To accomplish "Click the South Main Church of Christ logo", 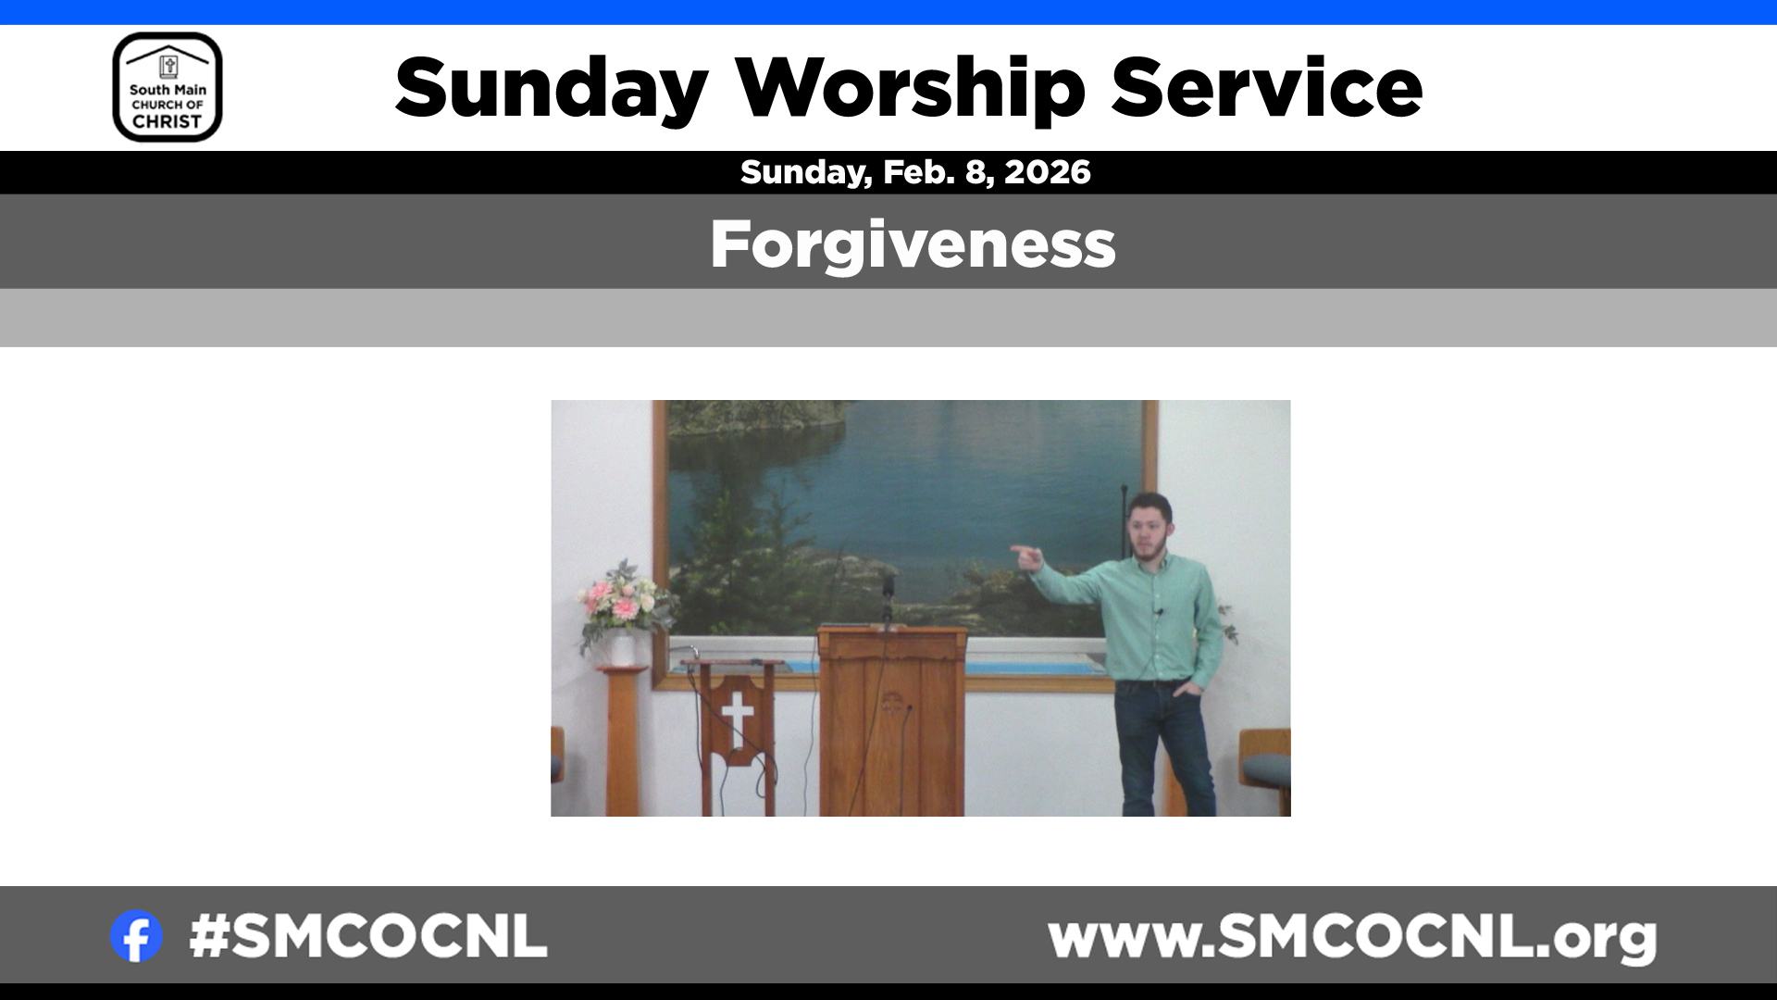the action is [x=168, y=87].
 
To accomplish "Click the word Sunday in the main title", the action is [x=552, y=90].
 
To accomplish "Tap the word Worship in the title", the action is [x=910, y=90].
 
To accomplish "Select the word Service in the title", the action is [x=1266, y=88].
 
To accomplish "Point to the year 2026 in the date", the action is [x=1048, y=172].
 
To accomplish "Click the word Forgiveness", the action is [x=913, y=245].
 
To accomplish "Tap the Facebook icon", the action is [x=136, y=936].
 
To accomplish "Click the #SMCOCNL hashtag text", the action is [x=368, y=936].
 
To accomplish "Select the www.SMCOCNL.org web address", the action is [x=1352, y=938].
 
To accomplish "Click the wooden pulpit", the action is [x=892, y=720].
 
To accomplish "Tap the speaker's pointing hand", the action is [x=1026, y=556].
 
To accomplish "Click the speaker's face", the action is [x=1148, y=531].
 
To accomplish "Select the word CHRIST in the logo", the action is [x=167, y=122].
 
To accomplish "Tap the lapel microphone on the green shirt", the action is [x=1158, y=612].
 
